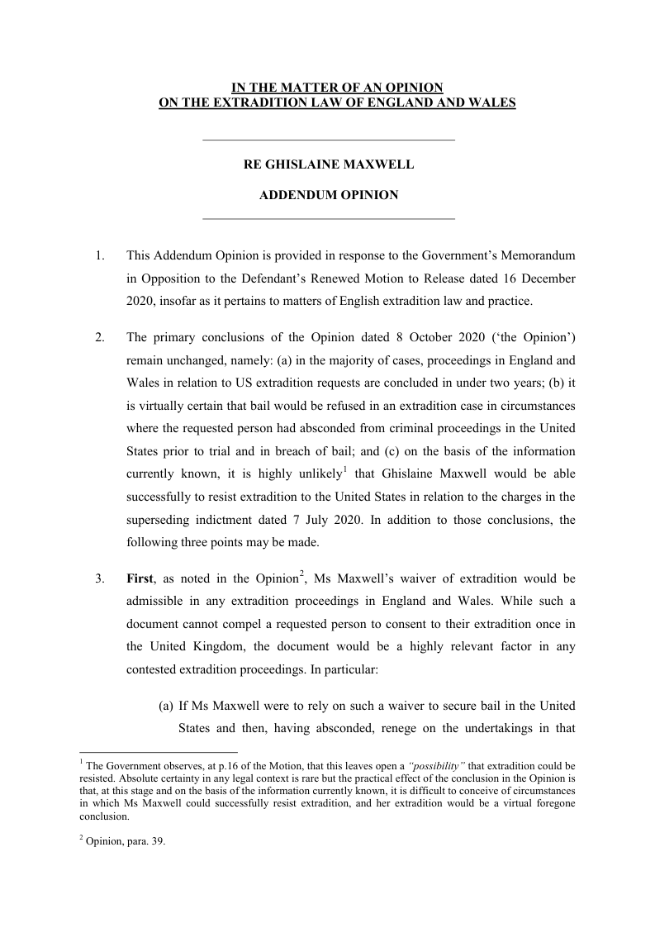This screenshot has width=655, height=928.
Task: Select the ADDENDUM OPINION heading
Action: click(x=329, y=196)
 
